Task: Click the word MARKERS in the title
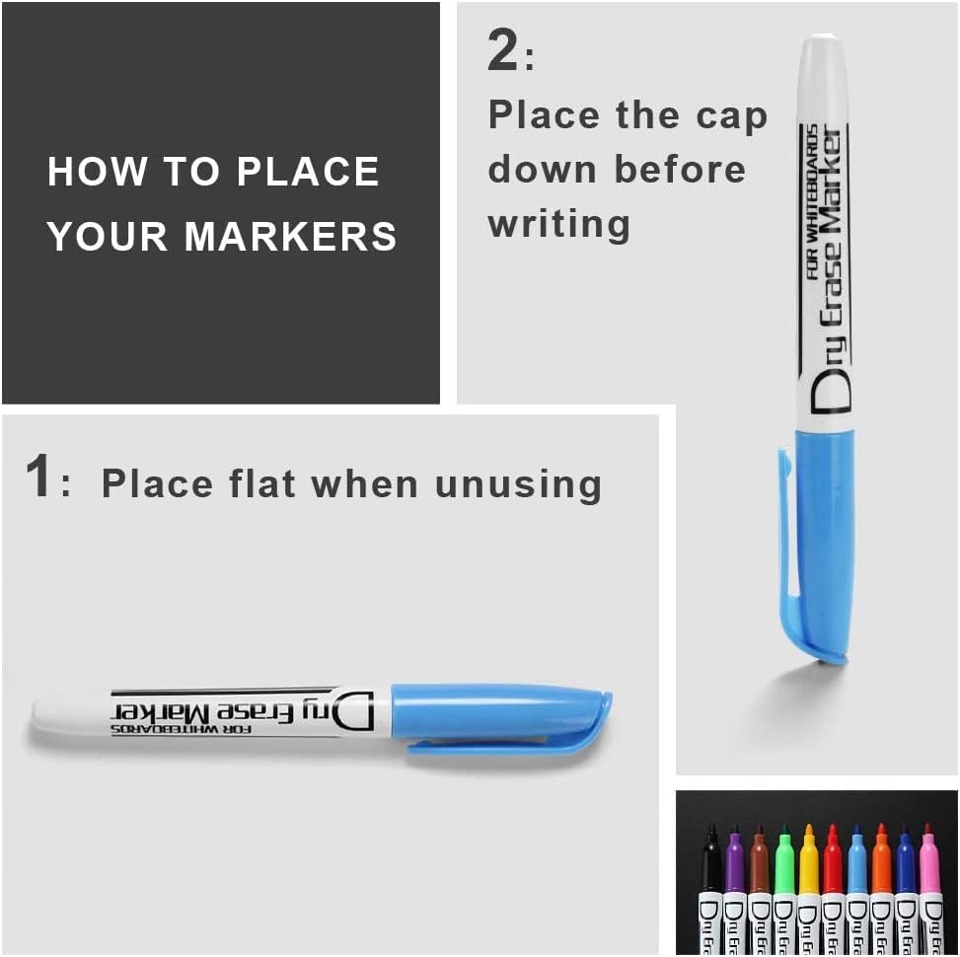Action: (x=291, y=237)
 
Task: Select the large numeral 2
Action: (x=502, y=51)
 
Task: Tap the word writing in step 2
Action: (x=558, y=223)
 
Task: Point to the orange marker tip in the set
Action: (x=881, y=856)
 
